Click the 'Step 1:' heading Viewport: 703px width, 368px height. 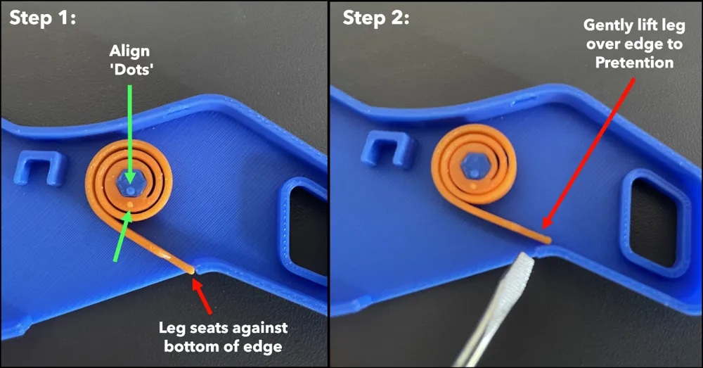click(x=43, y=18)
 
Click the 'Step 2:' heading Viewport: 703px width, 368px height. click(x=375, y=18)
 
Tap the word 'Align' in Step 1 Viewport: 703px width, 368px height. click(x=129, y=51)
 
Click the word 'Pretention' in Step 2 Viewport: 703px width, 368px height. click(x=634, y=63)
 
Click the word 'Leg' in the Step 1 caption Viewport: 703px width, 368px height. click(x=172, y=329)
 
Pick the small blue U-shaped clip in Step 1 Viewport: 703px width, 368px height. click(x=38, y=168)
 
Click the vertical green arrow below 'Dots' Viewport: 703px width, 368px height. click(x=130, y=134)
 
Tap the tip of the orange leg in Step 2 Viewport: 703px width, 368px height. click(x=548, y=241)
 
